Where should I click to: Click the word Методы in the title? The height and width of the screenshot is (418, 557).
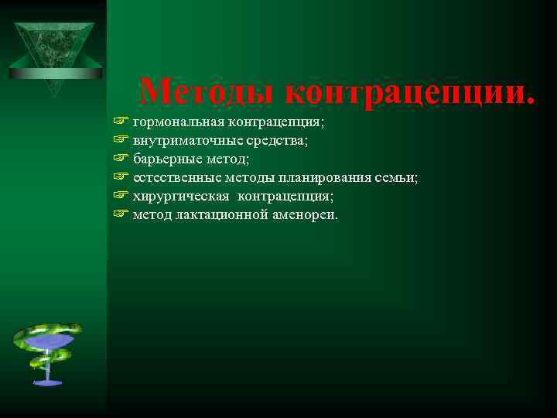click(x=209, y=92)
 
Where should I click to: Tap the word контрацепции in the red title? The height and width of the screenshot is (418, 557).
click(x=410, y=92)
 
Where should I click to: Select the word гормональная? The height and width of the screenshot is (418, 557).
click(x=177, y=122)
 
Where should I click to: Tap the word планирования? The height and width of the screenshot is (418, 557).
click(x=317, y=178)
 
